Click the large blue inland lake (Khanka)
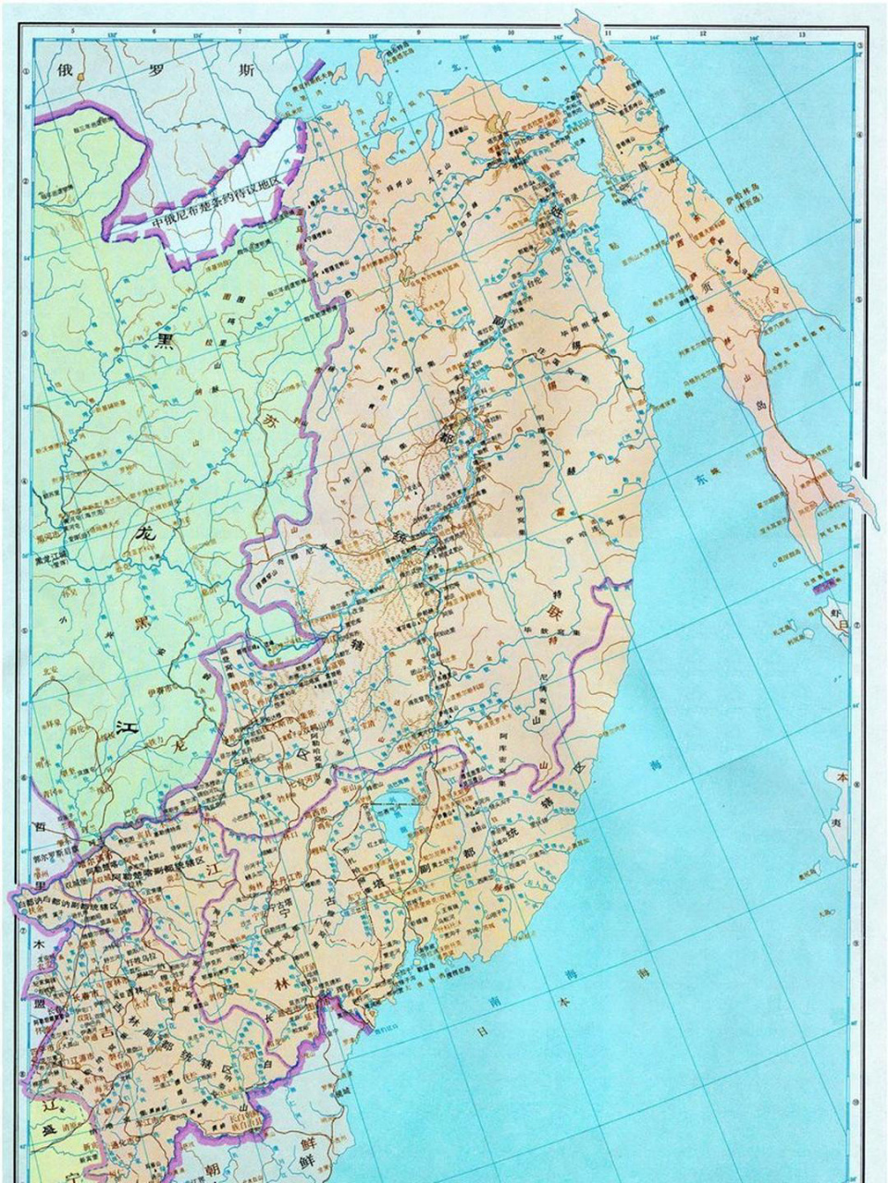[x=395, y=819]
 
